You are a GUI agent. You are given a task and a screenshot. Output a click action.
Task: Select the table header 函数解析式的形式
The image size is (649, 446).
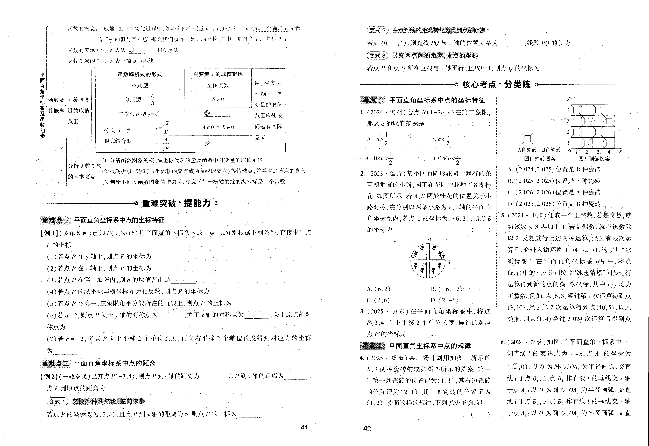tap(140, 74)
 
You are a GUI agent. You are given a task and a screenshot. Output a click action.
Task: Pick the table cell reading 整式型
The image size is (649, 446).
tap(140, 86)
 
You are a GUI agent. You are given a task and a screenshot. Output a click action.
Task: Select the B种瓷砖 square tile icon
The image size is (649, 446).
tap(551, 138)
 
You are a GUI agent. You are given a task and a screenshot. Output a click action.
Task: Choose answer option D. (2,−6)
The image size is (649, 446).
tap(445, 300)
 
